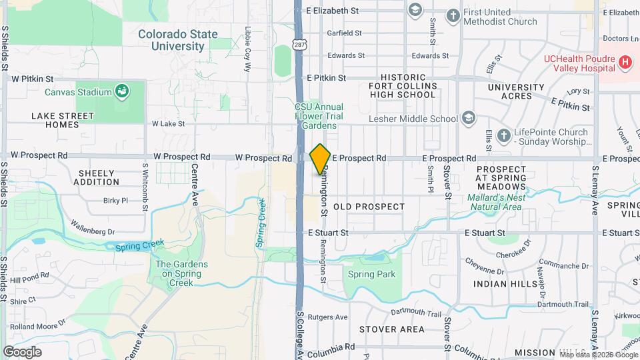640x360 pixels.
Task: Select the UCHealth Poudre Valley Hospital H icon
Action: click(x=625, y=63)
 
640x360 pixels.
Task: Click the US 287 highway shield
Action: click(x=300, y=45)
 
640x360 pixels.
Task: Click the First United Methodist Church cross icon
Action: click(x=453, y=15)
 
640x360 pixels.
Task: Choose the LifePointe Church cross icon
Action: click(x=503, y=136)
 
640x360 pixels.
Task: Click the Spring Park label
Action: click(x=372, y=274)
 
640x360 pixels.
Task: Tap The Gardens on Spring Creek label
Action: click(x=181, y=273)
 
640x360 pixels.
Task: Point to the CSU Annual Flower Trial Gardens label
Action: click(x=319, y=116)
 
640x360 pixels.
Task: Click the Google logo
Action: click(x=22, y=352)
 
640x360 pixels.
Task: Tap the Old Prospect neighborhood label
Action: click(x=369, y=207)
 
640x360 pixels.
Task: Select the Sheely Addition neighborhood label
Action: click(x=97, y=177)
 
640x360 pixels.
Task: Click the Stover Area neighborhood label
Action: click(x=391, y=329)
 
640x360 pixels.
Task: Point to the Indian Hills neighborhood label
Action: click(x=505, y=284)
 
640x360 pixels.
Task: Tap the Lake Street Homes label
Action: click(x=63, y=120)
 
